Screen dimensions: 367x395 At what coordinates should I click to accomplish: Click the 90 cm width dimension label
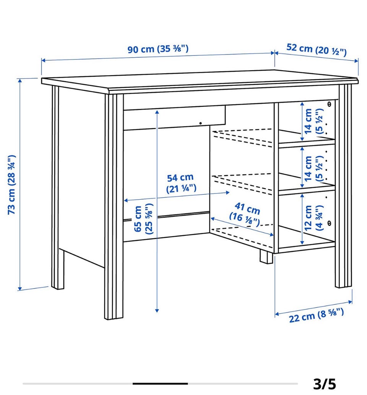point(158,48)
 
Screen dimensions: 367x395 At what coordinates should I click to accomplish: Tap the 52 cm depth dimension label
point(317,50)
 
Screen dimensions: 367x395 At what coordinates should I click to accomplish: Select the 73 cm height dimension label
point(11,184)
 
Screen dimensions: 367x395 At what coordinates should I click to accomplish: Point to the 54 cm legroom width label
point(181,183)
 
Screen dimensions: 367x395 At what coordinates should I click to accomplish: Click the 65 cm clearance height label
point(143,219)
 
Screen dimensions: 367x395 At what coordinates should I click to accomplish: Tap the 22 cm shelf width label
point(317,315)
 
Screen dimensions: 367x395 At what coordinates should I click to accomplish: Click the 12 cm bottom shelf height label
point(313,218)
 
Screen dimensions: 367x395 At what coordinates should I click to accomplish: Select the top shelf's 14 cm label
point(313,121)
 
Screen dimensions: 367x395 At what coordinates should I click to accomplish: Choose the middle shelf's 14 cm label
point(313,168)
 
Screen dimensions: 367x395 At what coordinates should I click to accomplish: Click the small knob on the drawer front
point(200,123)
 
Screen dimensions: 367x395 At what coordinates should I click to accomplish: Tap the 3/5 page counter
point(325,384)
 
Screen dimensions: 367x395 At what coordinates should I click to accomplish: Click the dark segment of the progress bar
point(160,384)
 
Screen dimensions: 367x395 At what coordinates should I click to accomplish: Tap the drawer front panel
point(174,118)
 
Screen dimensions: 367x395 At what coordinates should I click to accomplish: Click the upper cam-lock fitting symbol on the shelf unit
point(329,104)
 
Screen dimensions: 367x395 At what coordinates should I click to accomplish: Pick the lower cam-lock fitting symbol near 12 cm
point(329,223)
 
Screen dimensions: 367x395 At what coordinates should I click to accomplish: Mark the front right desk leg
point(344,186)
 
